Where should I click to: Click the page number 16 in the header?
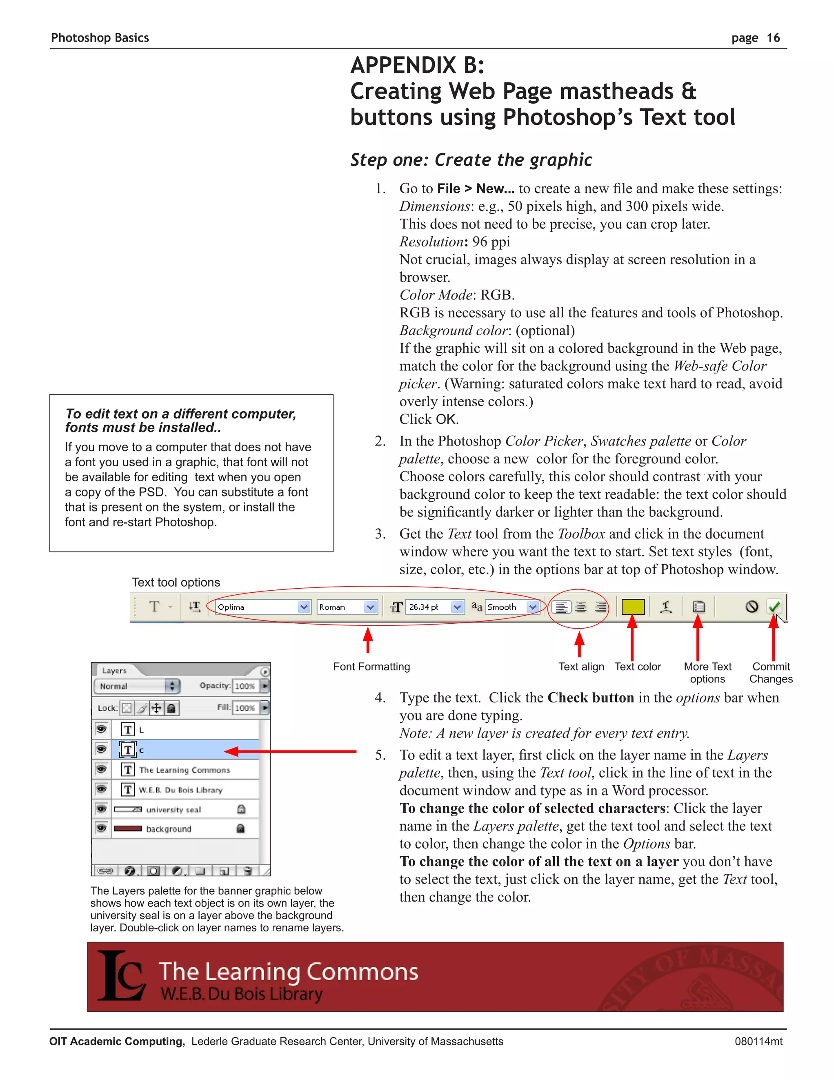[x=773, y=38]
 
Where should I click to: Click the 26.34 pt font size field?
[x=428, y=607]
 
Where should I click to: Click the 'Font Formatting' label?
[x=371, y=667]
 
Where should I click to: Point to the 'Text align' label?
[x=581, y=667]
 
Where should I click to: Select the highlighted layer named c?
[x=188, y=750]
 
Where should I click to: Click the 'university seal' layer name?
[x=173, y=810]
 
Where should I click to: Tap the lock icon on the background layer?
[x=241, y=828]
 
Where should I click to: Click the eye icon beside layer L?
[x=102, y=729]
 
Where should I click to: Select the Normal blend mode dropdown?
[x=136, y=686]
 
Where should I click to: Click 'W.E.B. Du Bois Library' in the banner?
[x=241, y=994]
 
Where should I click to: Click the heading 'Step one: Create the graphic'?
[x=471, y=160]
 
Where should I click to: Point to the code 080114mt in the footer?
[x=758, y=1041]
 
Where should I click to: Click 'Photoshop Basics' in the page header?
[x=100, y=38]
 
